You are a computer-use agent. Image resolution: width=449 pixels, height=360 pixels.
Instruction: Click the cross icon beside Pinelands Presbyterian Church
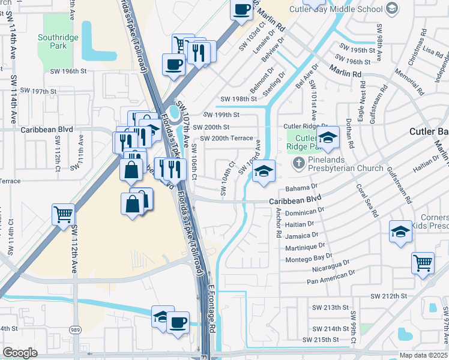(297, 163)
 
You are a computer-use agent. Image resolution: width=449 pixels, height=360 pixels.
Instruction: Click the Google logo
(20, 352)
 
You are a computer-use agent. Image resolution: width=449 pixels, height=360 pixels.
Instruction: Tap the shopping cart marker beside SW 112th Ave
(63, 214)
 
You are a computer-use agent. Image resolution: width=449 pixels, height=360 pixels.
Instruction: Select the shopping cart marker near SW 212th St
(423, 262)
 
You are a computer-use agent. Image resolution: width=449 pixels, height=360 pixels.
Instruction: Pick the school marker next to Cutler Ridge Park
(328, 138)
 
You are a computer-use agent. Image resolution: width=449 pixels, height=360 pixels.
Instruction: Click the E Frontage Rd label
(211, 308)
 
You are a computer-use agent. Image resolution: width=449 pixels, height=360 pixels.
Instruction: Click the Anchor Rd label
(278, 223)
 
